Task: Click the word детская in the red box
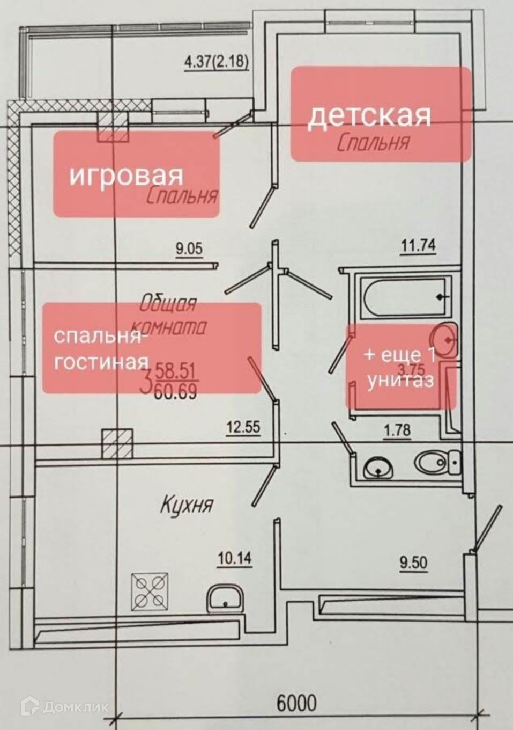pyautogui.click(x=369, y=116)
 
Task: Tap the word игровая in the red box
pyautogui.click(x=127, y=175)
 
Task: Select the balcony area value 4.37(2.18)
pyautogui.click(x=217, y=62)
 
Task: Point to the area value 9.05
pyautogui.click(x=189, y=249)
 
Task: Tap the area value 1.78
pyautogui.click(x=397, y=429)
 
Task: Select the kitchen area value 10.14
pyautogui.click(x=234, y=558)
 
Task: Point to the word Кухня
pyautogui.click(x=187, y=505)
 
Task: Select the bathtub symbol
pyautogui.click(x=405, y=297)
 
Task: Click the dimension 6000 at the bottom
pyautogui.click(x=296, y=702)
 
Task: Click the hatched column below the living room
pyautogui.click(x=117, y=443)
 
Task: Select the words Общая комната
pyautogui.click(x=168, y=315)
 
